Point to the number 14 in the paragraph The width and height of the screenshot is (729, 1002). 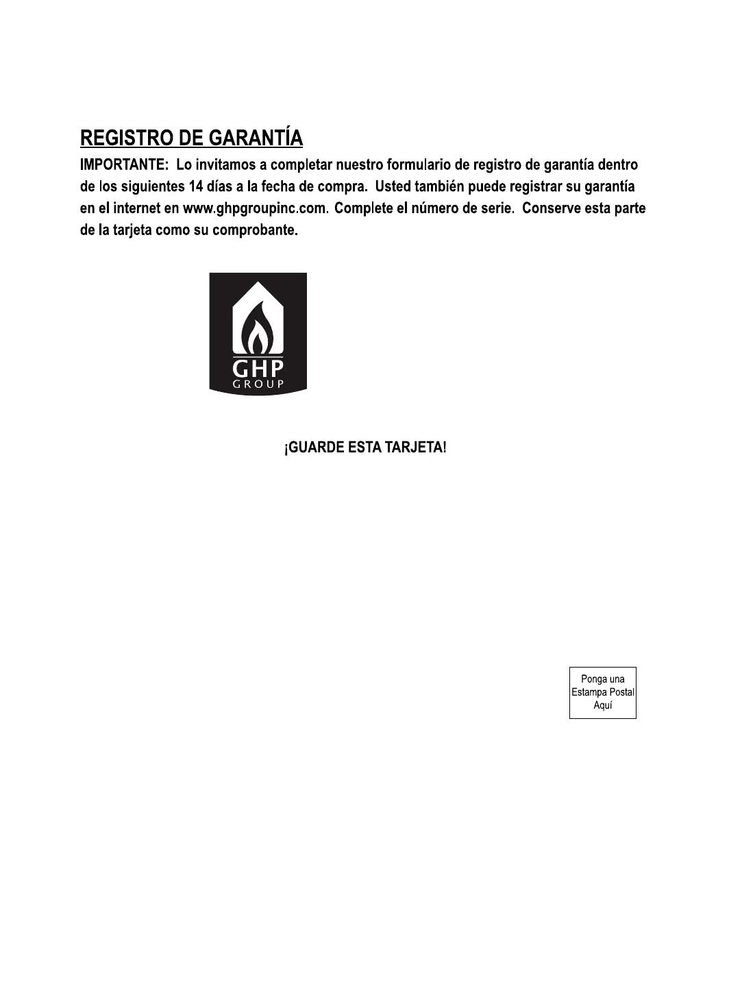pyautogui.click(x=195, y=186)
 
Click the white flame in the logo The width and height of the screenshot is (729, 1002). pyautogui.click(x=258, y=330)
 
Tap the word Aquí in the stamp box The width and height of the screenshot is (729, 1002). pyautogui.click(x=603, y=705)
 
